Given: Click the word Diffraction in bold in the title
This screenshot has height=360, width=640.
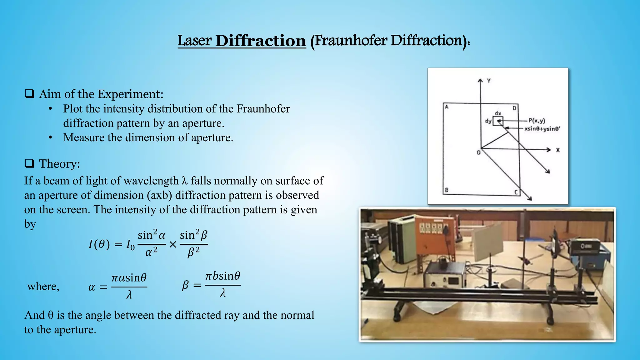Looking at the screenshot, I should click(x=260, y=41).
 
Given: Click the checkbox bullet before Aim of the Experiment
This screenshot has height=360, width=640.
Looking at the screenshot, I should click(x=29, y=94).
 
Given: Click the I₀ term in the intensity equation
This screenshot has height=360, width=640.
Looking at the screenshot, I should click(x=130, y=244).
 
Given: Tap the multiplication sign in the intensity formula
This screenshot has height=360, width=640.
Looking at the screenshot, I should click(x=173, y=244).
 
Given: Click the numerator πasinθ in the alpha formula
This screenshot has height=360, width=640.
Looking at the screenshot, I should click(x=129, y=277).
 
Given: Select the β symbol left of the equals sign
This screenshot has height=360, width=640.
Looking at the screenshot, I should click(x=185, y=285).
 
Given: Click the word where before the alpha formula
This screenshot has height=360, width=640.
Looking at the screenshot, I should click(x=43, y=286).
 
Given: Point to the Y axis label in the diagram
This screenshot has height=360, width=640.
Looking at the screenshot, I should click(x=489, y=81).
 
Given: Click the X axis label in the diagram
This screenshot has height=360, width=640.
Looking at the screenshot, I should click(x=558, y=150).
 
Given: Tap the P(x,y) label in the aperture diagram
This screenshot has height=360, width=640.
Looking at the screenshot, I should click(x=537, y=121).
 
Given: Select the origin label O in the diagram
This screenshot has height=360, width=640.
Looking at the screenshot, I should click(x=478, y=153).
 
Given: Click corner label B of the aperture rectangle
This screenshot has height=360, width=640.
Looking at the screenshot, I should click(x=447, y=190).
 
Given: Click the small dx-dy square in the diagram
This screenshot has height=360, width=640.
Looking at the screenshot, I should click(x=498, y=121).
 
